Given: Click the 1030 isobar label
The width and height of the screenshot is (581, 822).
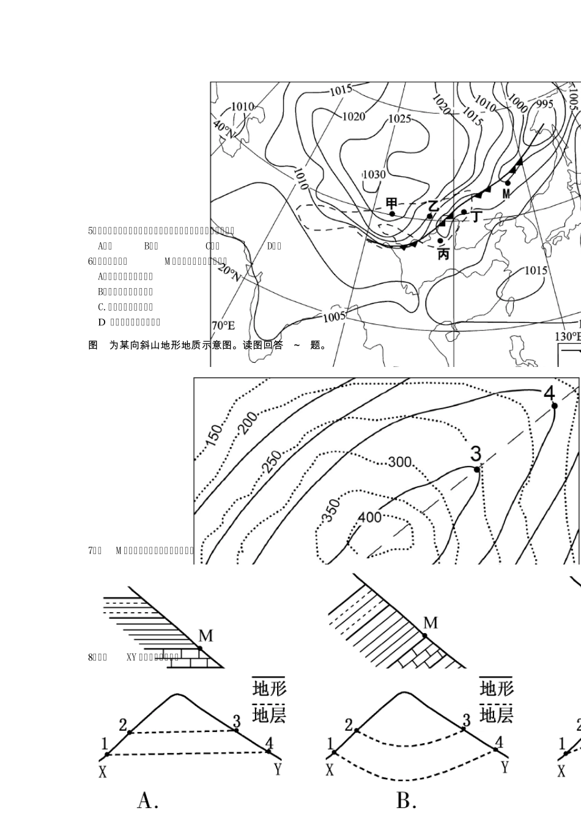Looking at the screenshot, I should click(x=374, y=174).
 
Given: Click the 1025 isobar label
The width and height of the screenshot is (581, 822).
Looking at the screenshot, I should click(x=399, y=119).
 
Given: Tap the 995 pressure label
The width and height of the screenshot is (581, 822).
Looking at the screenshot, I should click(x=544, y=104).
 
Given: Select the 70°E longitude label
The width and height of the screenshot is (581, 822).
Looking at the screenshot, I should click(x=223, y=326).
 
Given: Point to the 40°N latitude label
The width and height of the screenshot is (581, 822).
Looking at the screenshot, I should click(x=223, y=130).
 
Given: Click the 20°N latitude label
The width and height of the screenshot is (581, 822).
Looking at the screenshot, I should click(x=228, y=273).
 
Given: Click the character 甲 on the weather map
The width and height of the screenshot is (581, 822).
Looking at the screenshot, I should click(x=391, y=203).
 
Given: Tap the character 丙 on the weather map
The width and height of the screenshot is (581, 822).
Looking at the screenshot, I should click(x=443, y=254).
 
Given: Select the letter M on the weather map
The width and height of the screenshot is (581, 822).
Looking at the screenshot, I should click(x=506, y=194).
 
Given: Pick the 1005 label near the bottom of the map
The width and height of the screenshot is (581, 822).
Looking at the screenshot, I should click(x=335, y=316).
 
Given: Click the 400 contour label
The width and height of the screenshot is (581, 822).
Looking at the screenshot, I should click(x=369, y=517).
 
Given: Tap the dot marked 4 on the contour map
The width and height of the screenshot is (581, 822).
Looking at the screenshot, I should click(x=553, y=405).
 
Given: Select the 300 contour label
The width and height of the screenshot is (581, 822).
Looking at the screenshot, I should click(x=400, y=462).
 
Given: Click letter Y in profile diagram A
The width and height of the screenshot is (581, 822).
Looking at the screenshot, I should click(x=278, y=768).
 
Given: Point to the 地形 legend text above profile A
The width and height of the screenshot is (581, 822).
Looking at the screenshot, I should click(x=269, y=688).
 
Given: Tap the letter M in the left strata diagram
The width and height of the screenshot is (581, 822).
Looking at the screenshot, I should click(x=206, y=636).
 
